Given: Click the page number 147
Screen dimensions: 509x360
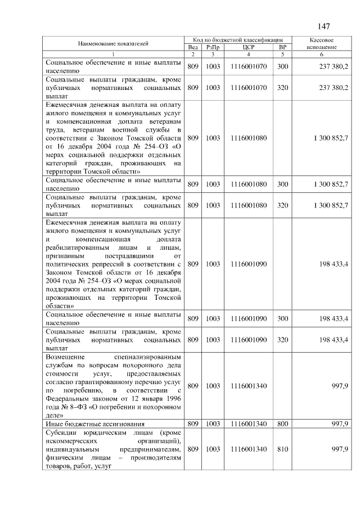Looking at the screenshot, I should (323, 26).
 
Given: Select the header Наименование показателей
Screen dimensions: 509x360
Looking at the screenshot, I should (113, 43).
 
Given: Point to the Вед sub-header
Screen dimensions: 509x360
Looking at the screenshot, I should (192, 47).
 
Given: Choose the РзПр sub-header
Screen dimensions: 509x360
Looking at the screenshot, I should (213, 47).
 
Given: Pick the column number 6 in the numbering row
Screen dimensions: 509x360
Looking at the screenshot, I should (322, 54).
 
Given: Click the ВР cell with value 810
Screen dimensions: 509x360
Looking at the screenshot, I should (282, 450).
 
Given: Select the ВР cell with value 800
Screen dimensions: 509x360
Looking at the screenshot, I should (282, 424).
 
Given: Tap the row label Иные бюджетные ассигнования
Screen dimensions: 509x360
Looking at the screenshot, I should (95, 424).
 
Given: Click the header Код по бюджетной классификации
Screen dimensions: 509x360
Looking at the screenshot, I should (238, 40).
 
